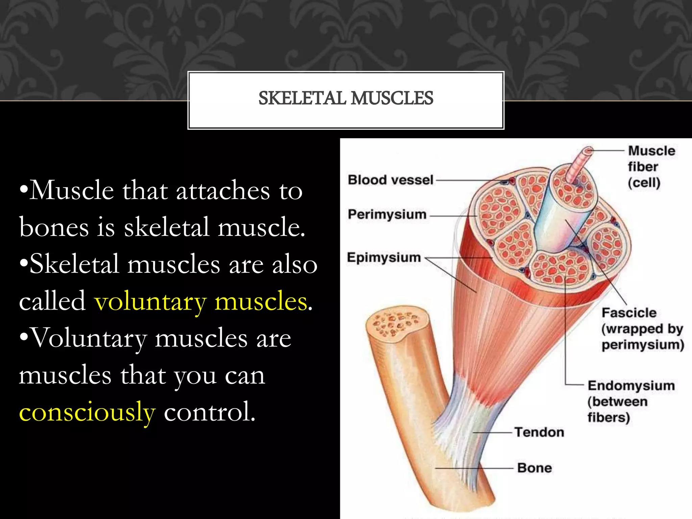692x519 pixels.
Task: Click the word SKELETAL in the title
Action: coord(302,98)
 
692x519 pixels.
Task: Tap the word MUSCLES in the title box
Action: coord(392,98)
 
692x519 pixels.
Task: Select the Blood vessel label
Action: coord(390,180)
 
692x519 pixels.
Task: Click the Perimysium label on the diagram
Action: coord(387,215)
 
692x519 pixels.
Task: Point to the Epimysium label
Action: coord(384,257)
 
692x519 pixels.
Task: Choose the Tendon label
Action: coord(539,432)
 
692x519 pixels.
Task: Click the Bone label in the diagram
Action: coord(535,468)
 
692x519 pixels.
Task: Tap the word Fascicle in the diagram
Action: coord(629,313)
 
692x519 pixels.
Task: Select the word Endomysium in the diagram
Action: coord(631,386)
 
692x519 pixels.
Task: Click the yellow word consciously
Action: coord(87,412)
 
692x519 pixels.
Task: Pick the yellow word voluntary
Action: coord(150,301)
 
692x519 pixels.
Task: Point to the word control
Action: coord(209,412)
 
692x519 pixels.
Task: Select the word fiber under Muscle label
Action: coord(643,167)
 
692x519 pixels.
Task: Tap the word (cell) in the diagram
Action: coord(644,183)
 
